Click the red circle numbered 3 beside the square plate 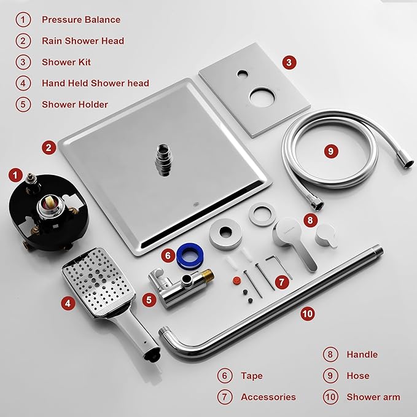click(x=290, y=62)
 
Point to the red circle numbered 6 click(x=168, y=254)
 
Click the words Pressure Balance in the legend click(x=81, y=20)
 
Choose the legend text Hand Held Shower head click(x=95, y=83)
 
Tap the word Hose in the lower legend click(x=358, y=376)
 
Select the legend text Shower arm click(x=373, y=397)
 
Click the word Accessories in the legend click(x=268, y=397)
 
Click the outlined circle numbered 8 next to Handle click(x=330, y=354)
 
